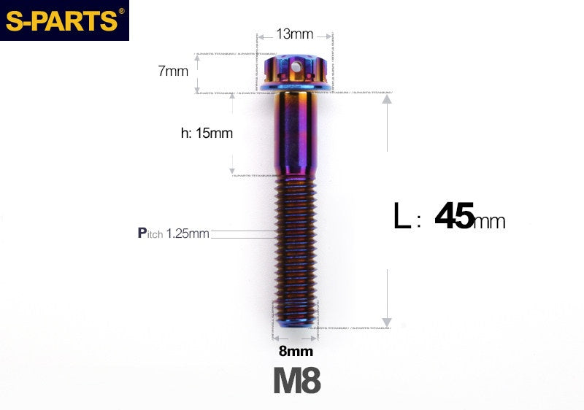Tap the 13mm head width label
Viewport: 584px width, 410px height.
coord(295,34)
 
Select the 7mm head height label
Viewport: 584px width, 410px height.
coord(173,71)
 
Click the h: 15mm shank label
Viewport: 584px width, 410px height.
coord(207,134)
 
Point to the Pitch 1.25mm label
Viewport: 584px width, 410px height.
coord(174,233)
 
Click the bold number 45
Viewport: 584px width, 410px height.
coord(453,217)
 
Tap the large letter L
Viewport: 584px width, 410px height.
coord(401,217)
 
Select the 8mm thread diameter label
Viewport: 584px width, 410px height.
coord(295,351)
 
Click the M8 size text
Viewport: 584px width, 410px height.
coord(296,381)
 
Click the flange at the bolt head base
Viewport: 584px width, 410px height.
coord(295,88)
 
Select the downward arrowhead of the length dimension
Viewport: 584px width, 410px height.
coord(387,322)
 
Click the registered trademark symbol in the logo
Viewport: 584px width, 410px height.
coord(121,10)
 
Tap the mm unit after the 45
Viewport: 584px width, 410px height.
coord(489,221)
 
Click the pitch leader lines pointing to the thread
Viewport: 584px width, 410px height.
coord(241,234)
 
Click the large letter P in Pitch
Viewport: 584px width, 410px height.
coord(142,233)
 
